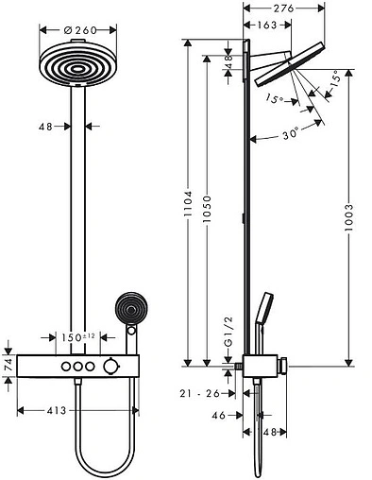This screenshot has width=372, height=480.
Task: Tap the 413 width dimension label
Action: tap(57, 411)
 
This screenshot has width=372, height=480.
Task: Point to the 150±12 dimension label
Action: tap(77, 337)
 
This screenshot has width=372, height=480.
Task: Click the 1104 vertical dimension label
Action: tap(188, 203)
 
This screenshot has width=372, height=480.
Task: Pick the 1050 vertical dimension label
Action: tap(207, 209)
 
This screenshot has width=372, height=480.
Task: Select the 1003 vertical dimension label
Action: tap(348, 217)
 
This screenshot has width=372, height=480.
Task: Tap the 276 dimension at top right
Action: tap(283, 9)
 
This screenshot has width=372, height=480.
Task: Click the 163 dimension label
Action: tap(267, 25)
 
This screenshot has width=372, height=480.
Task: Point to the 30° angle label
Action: tap(290, 133)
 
